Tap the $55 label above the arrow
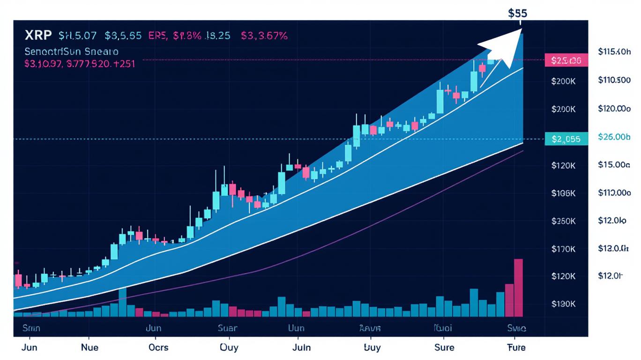[x=517, y=13]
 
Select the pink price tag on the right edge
[x=566, y=60]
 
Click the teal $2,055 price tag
[x=566, y=139]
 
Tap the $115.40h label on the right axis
[x=614, y=52]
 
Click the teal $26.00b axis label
[x=614, y=137]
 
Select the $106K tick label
[x=563, y=193]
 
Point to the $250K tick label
[x=563, y=221]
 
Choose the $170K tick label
[x=563, y=249]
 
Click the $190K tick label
[x=563, y=304]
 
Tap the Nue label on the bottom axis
[x=89, y=347]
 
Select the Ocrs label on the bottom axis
[x=158, y=347]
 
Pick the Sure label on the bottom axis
[x=444, y=347]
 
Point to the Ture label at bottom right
[x=516, y=347]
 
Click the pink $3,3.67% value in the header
[x=264, y=36]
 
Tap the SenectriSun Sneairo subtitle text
[x=71, y=51]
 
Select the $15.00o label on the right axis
[x=614, y=165]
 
